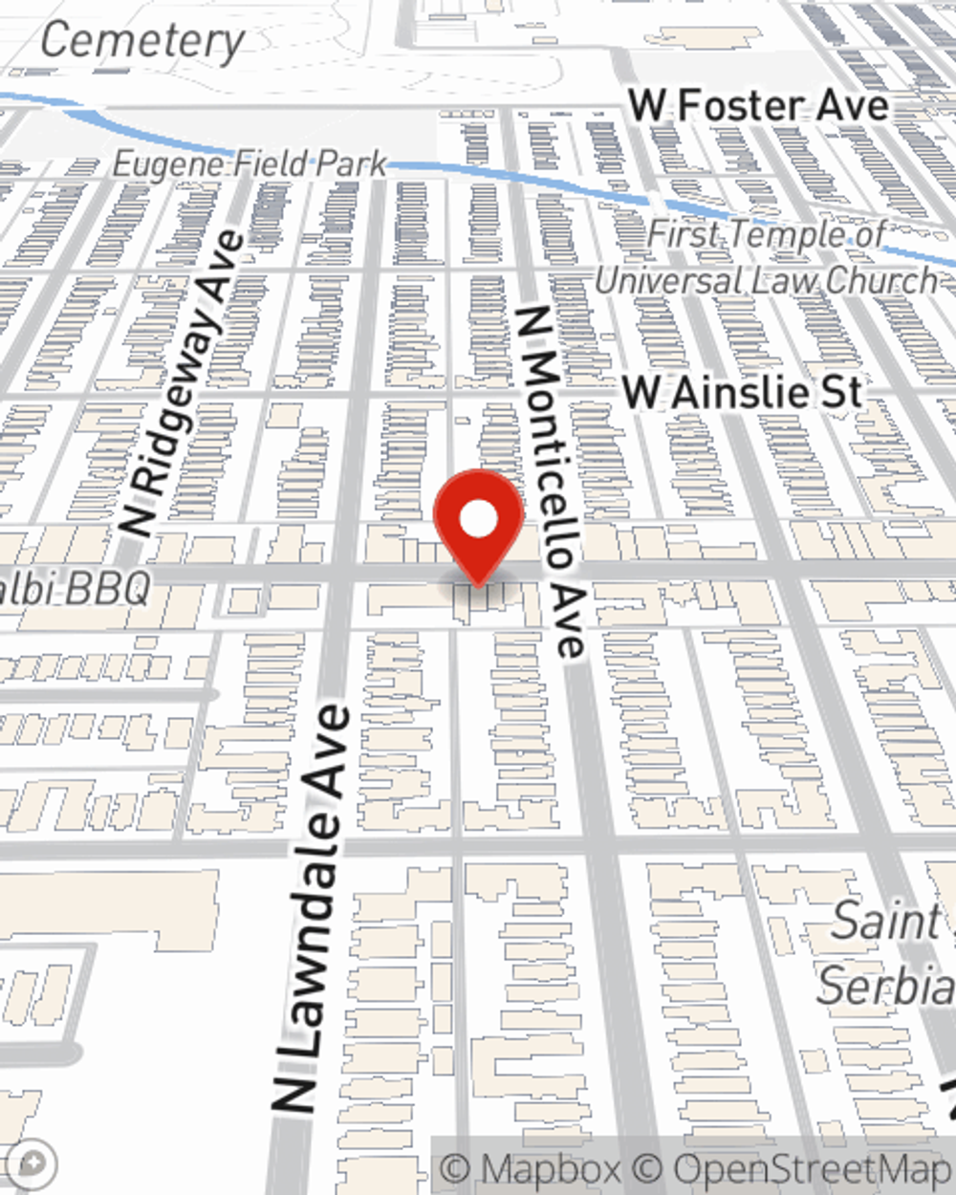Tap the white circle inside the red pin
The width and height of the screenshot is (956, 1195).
click(x=478, y=521)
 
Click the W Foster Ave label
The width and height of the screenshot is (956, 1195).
click(x=759, y=105)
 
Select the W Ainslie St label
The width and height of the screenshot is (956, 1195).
click(x=742, y=393)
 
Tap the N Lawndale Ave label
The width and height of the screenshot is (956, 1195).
click(x=312, y=908)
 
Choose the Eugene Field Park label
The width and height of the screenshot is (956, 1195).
click(x=250, y=164)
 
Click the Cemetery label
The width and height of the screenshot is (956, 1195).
click(x=143, y=40)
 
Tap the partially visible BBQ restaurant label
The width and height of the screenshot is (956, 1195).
click(x=76, y=589)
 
